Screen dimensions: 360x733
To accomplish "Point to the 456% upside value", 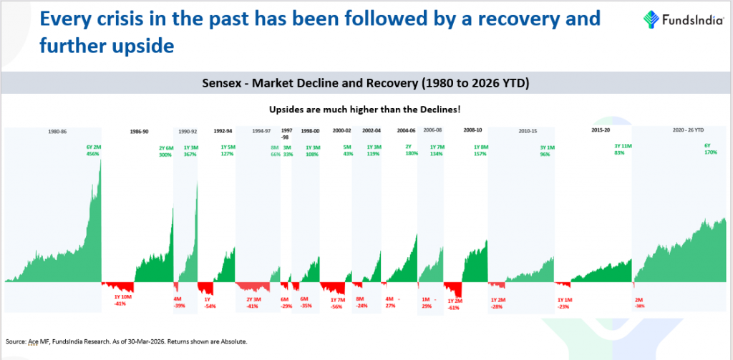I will (x=93, y=154).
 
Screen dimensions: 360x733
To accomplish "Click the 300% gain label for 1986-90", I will (x=165, y=154).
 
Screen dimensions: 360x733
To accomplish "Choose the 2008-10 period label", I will (x=472, y=132).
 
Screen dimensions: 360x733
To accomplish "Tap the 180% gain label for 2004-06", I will (x=411, y=152).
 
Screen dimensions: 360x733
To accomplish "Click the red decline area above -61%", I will (x=452, y=288).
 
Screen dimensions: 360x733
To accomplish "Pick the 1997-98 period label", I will (x=286, y=135).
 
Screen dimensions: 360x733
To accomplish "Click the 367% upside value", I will (x=190, y=154).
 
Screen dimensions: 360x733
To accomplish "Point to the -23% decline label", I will (x=564, y=306).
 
